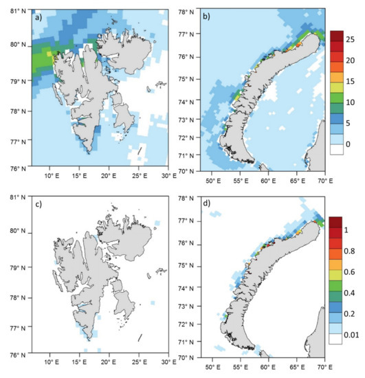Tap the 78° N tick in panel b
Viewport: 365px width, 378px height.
pyautogui.click(x=186, y=10)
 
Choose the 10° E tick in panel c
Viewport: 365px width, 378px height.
pyautogui.click(x=50, y=366)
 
